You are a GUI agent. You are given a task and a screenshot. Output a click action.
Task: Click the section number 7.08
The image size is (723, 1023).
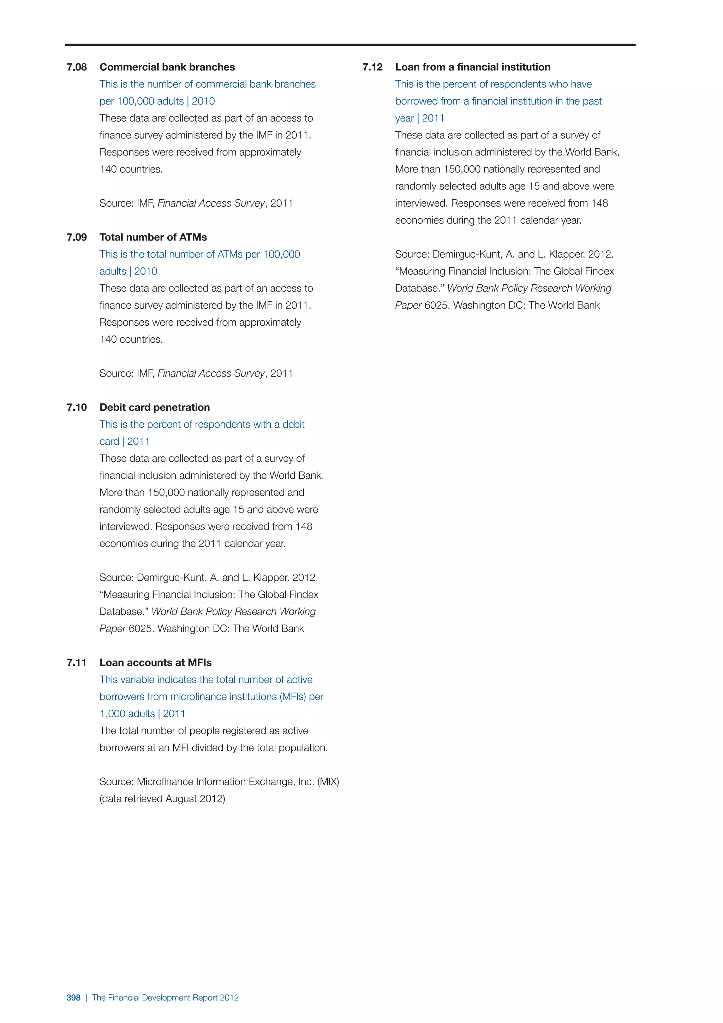pyautogui.click(x=77, y=67)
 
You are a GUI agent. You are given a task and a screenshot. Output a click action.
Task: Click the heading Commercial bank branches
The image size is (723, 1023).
pyautogui.click(x=167, y=67)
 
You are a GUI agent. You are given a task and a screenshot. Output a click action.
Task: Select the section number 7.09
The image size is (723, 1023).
pyautogui.click(x=77, y=237)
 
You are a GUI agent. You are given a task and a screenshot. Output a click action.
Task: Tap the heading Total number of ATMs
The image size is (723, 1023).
pyautogui.click(x=153, y=237)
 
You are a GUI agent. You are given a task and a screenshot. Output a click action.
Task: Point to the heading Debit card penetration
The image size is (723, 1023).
pyautogui.click(x=155, y=408)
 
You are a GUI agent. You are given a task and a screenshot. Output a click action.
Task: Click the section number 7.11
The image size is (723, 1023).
pyautogui.click(x=77, y=663)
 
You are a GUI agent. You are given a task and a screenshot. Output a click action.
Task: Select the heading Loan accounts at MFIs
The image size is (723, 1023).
pyautogui.click(x=155, y=663)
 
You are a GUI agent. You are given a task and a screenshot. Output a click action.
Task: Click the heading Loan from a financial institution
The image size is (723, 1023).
pyautogui.click(x=472, y=67)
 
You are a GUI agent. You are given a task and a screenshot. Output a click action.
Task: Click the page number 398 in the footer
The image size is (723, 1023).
pyautogui.click(x=73, y=998)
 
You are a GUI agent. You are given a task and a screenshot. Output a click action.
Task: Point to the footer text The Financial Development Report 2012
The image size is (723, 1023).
pyautogui.click(x=165, y=998)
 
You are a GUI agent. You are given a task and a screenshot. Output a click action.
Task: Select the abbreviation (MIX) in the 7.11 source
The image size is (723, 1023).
pyautogui.click(x=328, y=782)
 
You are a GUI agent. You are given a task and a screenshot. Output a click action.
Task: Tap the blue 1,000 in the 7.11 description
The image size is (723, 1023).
pyautogui.click(x=112, y=714)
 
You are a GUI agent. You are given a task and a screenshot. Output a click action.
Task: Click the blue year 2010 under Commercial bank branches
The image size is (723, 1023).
pyautogui.click(x=203, y=102)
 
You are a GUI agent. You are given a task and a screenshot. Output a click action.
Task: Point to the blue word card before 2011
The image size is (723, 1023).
pyautogui.click(x=109, y=442)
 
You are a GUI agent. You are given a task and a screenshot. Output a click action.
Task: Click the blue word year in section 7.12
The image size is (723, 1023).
pyautogui.click(x=404, y=119)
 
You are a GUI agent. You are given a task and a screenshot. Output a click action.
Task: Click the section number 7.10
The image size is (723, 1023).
pyautogui.click(x=77, y=408)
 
